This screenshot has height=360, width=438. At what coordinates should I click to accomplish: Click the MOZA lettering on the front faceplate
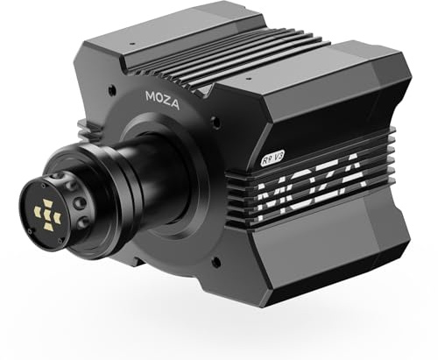pos(162,101)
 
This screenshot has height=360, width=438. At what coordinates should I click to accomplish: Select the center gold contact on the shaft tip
pos(47,215)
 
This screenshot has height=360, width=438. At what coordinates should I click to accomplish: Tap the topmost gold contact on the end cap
pos(47,203)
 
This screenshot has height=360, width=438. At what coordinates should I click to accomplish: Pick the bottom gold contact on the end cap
pos(47,226)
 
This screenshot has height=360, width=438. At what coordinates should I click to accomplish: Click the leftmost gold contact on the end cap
pos(38,210)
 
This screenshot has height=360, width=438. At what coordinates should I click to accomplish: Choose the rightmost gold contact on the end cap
pos(57,216)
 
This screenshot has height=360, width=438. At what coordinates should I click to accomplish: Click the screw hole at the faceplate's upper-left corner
pos(110,88)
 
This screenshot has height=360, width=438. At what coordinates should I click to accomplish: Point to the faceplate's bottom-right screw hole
pos(215,260)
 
